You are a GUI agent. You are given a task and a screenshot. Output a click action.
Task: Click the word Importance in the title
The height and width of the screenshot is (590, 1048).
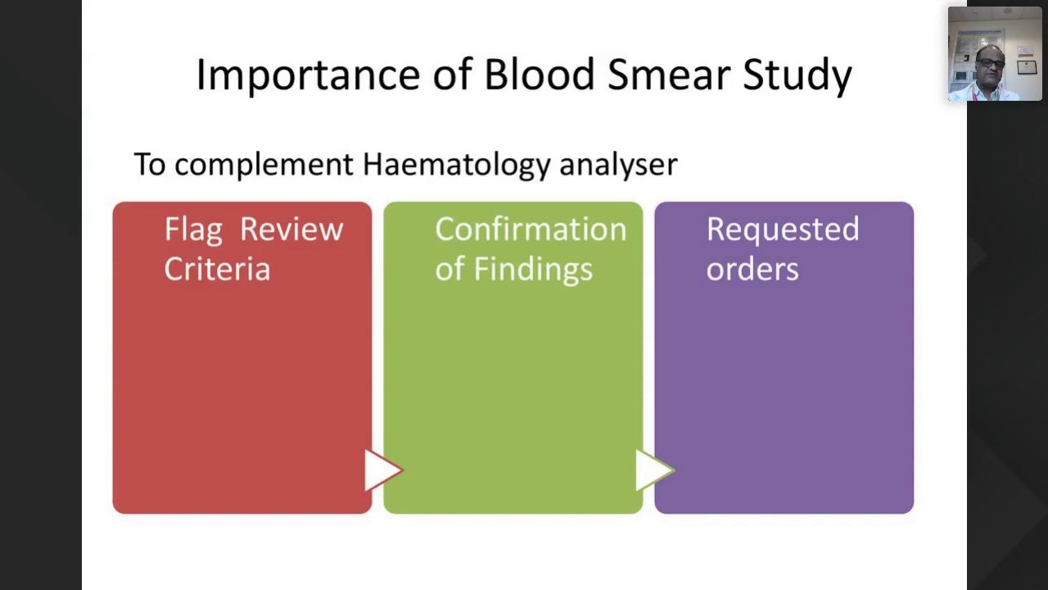click(307, 75)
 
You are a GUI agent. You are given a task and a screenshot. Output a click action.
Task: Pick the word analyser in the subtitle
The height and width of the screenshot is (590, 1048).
click(618, 165)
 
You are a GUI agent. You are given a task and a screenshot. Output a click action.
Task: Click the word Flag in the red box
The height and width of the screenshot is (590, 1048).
click(193, 230)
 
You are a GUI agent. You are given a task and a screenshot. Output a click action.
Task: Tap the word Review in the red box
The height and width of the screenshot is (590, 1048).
click(291, 229)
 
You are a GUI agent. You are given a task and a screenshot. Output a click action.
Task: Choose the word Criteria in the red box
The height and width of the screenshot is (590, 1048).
click(217, 269)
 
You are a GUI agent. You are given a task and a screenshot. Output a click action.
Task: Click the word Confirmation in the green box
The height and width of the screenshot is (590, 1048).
click(531, 229)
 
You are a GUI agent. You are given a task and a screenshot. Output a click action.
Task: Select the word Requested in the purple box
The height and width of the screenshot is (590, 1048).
click(783, 230)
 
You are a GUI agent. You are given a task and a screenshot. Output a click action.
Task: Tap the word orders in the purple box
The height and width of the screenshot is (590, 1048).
click(752, 269)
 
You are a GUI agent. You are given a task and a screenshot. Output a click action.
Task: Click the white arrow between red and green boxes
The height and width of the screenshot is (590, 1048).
click(381, 470)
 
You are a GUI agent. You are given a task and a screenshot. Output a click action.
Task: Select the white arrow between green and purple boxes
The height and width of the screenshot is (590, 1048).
click(653, 470)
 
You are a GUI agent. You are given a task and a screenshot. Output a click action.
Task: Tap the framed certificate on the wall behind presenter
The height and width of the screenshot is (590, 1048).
click(1026, 67)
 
